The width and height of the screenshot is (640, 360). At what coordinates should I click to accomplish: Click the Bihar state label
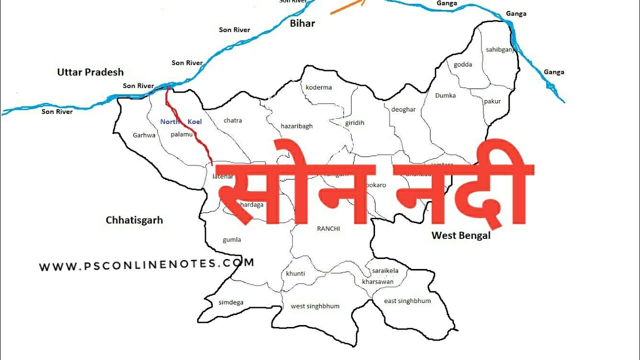click(x=302, y=23)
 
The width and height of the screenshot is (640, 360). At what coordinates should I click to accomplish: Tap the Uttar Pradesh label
click(x=90, y=72)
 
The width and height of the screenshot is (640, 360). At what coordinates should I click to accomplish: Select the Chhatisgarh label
click(x=134, y=220)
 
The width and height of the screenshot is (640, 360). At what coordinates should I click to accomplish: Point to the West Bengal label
click(x=461, y=235)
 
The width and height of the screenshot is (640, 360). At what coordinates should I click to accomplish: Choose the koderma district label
click(x=318, y=87)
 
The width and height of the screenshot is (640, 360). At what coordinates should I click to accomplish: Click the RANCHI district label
click(x=328, y=228)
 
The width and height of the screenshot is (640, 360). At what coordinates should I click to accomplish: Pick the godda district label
click(x=462, y=64)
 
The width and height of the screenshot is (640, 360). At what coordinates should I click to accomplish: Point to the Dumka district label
click(x=445, y=95)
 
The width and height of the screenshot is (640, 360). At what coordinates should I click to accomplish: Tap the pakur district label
click(x=492, y=101)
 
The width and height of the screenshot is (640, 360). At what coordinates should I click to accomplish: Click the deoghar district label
click(x=403, y=109)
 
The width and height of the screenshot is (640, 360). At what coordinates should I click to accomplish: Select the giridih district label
click(x=354, y=123)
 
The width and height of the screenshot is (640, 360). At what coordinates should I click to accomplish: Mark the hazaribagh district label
click(x=296, y=126)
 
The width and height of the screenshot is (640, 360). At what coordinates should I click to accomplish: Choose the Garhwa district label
click(x=144, y=135)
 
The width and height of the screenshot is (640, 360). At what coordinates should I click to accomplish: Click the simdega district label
click(x=231, y=302)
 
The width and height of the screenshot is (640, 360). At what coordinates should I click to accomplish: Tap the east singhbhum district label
click(x=407, y=301)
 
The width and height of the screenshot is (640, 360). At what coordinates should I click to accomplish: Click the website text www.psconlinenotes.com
click(x=146, y=265)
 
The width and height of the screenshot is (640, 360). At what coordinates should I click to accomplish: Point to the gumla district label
click(x=232, y=239)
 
